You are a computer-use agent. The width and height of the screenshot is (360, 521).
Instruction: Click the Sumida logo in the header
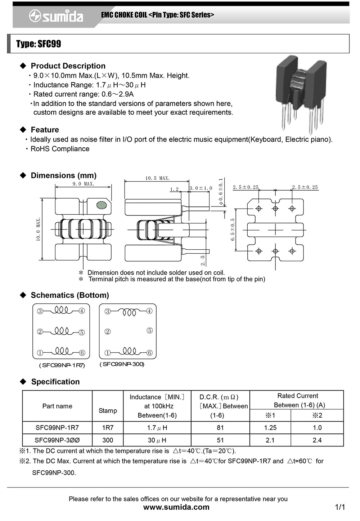[x=56, y=16]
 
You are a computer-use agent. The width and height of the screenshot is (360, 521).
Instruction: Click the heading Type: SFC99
[x=39, y=44]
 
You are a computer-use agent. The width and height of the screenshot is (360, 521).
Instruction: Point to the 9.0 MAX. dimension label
[x=83, y=184]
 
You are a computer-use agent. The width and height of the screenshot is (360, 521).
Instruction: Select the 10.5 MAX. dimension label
[x=157, y=178]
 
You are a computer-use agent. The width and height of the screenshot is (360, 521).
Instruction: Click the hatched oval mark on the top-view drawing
[x=102, y=205]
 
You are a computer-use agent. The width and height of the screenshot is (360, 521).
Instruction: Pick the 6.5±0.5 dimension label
[x=233, y=230]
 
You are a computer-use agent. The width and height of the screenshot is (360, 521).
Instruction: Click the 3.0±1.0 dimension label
[x=201, y=188]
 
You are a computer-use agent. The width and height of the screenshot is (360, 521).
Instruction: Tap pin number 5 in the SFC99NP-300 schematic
[x=150, y=330]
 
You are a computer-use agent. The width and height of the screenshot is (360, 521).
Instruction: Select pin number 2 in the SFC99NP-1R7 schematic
[x=40, y=331]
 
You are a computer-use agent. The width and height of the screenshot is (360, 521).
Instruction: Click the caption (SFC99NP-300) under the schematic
[x=122, y=364]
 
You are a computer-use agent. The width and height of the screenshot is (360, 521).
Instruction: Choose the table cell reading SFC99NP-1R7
[x=57, y=428]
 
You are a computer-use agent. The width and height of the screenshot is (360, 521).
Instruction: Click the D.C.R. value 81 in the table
[x=220, y=428]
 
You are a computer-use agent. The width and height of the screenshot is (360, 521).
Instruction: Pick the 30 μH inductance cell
[x=157, y=440]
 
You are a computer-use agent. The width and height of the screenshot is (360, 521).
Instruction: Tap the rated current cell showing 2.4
[x=317, y=440]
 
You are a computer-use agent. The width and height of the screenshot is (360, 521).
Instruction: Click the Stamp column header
[x=108, y=410]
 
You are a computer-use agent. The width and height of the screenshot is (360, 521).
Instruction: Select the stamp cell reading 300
[x=108, y=440]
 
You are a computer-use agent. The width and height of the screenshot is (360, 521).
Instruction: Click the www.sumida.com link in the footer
[x=176, y=507]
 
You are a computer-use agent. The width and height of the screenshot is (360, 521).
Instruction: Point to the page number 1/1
[x=340, y=507]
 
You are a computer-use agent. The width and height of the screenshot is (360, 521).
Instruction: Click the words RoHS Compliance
[x=60, y=149]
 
